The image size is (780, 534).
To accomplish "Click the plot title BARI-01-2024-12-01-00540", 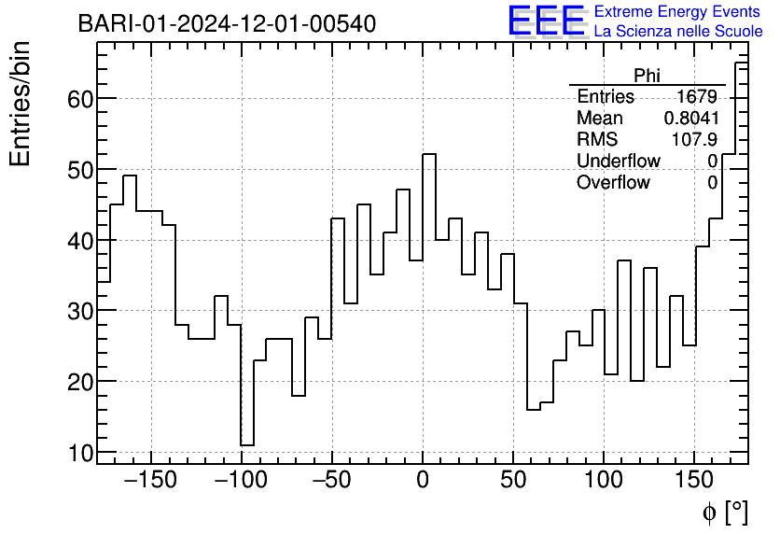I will point(227,23).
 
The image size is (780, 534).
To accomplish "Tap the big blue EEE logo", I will point(546,21).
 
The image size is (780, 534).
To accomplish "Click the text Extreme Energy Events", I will point(678,12).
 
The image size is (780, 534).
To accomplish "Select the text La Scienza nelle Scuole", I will point(678,32).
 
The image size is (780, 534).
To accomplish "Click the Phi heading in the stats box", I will point(647,76).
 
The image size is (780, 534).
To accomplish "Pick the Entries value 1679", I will point(697,97).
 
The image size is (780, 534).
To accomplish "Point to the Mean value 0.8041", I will point(690,119).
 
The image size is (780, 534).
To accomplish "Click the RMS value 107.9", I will point(695,140).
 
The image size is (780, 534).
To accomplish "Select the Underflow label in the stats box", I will point(618,162).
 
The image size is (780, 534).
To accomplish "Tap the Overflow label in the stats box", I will point(613,183).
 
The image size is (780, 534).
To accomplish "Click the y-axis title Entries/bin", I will point(21,105).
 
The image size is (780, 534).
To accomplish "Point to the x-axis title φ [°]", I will point(724,512).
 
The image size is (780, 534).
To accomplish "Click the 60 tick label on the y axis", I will point(79,99).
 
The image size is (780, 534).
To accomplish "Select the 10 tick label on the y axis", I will point(79,452).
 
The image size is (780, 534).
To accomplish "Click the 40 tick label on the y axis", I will point(79,240).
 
